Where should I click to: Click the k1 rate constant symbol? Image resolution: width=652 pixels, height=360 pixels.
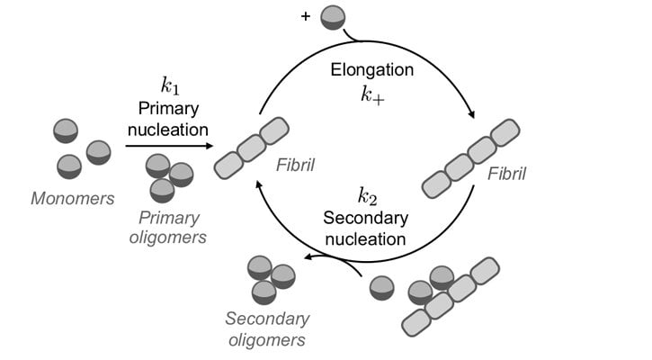[x=170, y=85]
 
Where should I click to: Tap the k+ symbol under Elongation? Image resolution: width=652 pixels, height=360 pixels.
[x=372, y=95]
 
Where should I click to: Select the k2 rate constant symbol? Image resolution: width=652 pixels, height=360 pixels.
[x=368, y=197]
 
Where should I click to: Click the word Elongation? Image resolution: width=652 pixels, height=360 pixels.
[x=372, y=69]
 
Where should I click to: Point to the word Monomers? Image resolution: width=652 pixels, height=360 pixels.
[x=73, y=199]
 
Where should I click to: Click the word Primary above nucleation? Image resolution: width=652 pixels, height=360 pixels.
[x=168, y=109]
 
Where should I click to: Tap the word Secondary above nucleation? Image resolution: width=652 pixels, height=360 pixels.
[x=366, y=218]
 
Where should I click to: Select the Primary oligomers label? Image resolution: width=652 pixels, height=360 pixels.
[x=168, y=228]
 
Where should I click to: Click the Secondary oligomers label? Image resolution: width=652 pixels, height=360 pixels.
[x=267, y=329]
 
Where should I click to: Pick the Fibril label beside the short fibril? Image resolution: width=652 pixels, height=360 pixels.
[x=296, y=166]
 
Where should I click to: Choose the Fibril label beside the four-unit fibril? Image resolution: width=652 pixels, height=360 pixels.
[x=506, y=174]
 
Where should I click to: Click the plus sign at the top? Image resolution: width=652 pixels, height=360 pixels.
[x=306, y=16]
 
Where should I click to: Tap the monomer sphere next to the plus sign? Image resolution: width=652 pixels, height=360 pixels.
[x=333, y=17]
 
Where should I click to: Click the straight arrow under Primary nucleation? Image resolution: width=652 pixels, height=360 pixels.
[x=169, y=146]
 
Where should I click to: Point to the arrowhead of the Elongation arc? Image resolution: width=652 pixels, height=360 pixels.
[x=471, y=114]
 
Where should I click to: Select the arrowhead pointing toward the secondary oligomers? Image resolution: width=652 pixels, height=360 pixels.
[x=308, y=256]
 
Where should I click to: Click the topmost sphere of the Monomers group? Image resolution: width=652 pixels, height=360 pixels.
[x=66, y=130]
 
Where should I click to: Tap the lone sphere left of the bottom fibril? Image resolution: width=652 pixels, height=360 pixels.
[x=381, y=288]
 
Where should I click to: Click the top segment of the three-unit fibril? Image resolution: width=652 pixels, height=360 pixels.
[x=274, y=130]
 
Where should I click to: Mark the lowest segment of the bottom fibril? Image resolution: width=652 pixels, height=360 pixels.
[x=416, y=322]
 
